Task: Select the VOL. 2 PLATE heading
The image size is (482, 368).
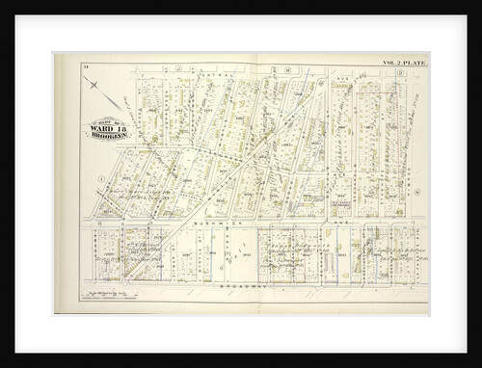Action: pos(404,63)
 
